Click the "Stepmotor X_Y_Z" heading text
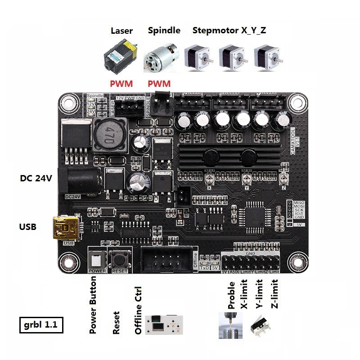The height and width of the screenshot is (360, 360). coord(229,31)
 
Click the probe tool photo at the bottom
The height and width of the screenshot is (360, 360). coord(230,325)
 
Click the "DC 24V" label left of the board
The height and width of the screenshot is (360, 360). coord(36,178)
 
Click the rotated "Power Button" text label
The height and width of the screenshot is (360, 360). coord(94,305)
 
